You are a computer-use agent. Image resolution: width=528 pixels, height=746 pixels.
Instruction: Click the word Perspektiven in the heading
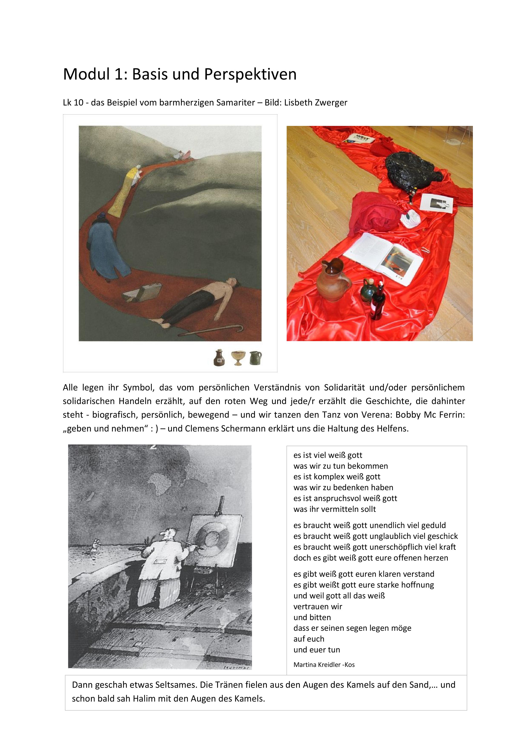(250, 74)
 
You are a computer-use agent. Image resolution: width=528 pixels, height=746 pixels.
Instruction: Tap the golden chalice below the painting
(238, 358)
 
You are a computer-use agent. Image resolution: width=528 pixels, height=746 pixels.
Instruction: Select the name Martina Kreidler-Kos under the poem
(324, 665)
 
